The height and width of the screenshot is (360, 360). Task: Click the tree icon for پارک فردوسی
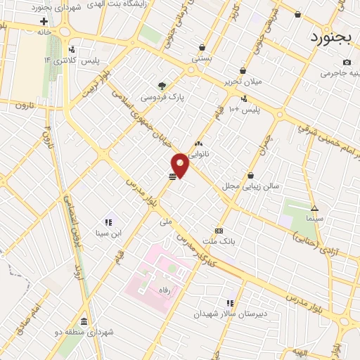click(x=162, y=86)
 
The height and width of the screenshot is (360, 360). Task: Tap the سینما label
click(x=314, y=219)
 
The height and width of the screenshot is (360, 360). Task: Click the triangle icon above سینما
click(x=314, y=208)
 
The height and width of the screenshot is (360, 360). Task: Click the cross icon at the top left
click(x=44, y=21)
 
